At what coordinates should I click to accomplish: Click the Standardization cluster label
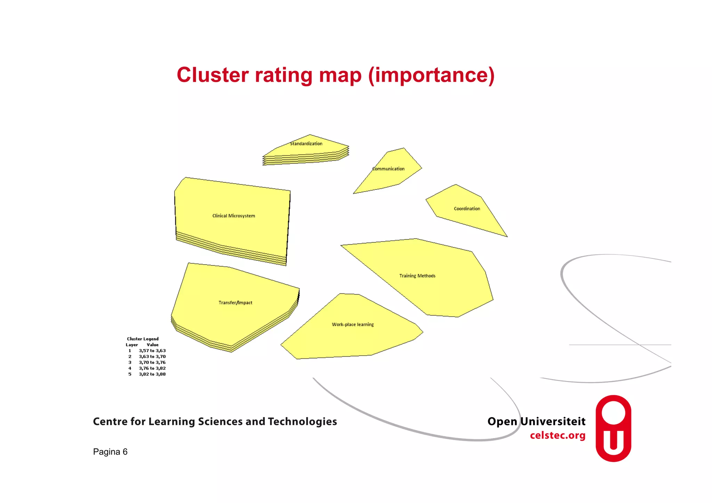coord(306,144)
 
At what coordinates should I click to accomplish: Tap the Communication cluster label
coord(388,169)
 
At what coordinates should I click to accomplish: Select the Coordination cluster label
coord(467,209)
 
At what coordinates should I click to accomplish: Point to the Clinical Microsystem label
coord(234,216)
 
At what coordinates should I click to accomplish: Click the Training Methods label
coord(417,276)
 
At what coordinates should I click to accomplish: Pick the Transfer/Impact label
coord(235,303)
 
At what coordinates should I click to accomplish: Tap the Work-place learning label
coord(353,325)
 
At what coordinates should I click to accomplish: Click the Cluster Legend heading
coord(143,339)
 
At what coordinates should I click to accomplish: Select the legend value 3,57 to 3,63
coord(152,351)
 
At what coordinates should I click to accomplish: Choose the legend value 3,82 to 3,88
coord(152,374)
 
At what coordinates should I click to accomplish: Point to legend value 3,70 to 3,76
coord(152,363)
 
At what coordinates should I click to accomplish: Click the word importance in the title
coord(431,75)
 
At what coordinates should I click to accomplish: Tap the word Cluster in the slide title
coord(213,75)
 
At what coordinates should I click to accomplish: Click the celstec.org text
coord(557,436)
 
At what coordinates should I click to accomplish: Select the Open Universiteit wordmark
coord(536,422)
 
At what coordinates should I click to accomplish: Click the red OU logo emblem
coord(613,428)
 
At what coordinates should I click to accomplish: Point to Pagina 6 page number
coord(110,452)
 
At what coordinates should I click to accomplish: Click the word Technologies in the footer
coord(302,422)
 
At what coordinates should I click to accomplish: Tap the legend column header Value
coord(152,345)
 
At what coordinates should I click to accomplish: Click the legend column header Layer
coord(132,345)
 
